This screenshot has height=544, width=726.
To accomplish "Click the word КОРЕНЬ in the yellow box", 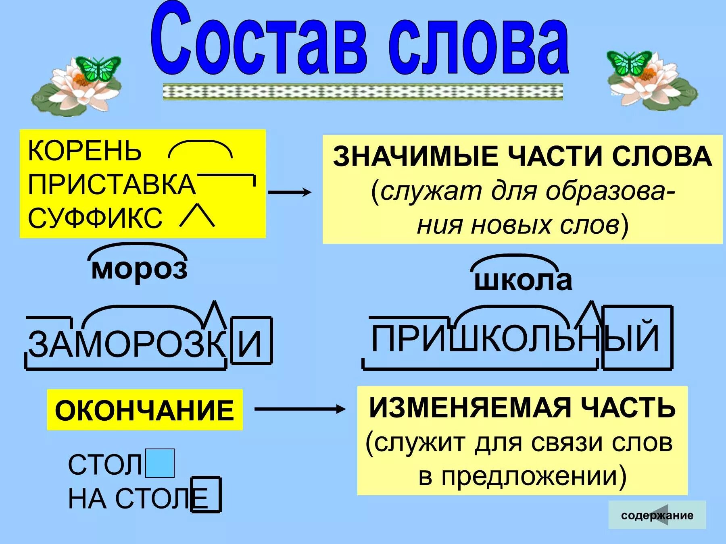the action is point(85,151).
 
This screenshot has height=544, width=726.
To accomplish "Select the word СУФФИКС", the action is point(95,218).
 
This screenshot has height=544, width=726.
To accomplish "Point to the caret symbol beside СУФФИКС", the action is point(197,216).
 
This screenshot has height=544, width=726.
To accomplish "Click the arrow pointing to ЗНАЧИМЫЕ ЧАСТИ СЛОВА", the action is point(290,192).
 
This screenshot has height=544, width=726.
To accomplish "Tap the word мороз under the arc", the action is point(139,269).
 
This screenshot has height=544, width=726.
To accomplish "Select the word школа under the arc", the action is point(523,280).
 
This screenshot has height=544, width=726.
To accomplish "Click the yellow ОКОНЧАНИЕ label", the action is point(144,410).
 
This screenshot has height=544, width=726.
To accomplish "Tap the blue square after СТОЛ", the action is point(160,463).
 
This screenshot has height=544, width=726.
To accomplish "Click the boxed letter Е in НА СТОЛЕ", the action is point(205,495).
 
